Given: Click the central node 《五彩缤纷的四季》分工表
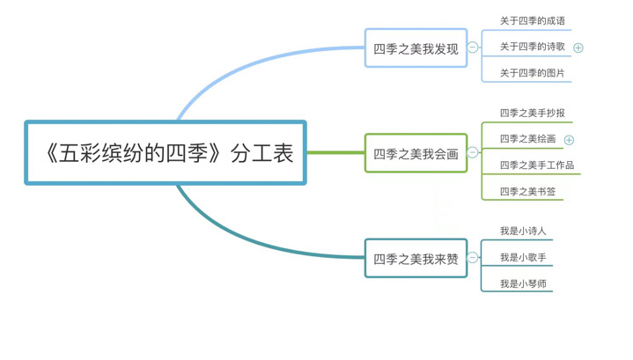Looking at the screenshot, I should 166,153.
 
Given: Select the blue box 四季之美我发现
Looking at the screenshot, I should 416,48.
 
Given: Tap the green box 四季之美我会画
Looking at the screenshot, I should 416,153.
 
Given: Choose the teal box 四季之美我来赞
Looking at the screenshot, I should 416,258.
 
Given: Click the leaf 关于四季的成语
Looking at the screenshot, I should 533,20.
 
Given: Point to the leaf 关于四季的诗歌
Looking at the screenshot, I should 533,47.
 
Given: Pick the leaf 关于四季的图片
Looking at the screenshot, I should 533,73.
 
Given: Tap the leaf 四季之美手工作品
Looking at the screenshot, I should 537,165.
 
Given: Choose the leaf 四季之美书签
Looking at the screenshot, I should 527,191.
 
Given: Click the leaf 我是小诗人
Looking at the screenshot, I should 523,231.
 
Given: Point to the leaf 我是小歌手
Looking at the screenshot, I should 523,257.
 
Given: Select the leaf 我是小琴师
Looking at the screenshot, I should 523,283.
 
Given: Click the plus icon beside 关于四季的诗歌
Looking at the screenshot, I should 578,48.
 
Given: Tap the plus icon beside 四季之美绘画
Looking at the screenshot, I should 569,139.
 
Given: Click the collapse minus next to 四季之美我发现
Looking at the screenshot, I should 473,48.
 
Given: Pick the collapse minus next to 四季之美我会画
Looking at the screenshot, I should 473,152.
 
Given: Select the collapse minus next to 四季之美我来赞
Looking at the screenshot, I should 473,257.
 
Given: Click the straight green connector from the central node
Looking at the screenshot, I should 335,153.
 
